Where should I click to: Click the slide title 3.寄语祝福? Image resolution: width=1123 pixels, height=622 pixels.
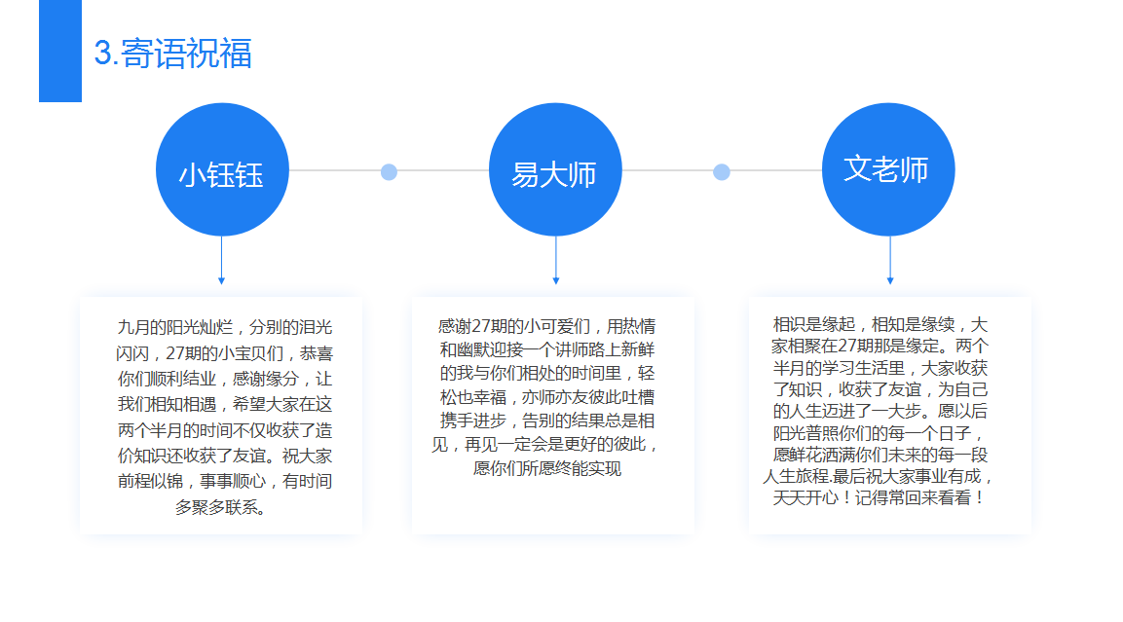[172, 54]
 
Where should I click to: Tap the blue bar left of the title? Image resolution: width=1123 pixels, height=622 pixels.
[60, 51]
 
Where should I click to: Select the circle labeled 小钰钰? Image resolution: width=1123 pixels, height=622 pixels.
[222, 169]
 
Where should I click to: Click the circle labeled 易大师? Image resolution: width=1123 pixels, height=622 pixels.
[555, 169]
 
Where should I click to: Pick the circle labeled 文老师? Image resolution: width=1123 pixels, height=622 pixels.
[888, 169]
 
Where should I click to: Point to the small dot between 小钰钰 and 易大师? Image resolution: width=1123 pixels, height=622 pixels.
[389, 171]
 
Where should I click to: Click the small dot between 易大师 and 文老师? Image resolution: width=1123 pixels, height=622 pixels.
[722, 171]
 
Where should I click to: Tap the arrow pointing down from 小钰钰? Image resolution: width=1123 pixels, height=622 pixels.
[221, 261]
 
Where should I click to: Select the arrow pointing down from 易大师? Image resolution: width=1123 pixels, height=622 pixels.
[556, 261]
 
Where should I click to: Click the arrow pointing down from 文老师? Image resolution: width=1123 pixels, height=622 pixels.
[890, 261]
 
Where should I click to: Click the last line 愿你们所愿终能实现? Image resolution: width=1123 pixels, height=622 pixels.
[547, 469]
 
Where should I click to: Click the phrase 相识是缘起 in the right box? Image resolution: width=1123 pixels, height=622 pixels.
[813, 325]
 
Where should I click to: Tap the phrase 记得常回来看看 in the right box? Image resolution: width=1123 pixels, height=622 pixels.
[914, 498]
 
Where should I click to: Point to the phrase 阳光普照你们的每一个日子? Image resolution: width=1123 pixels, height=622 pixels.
[872, 433]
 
